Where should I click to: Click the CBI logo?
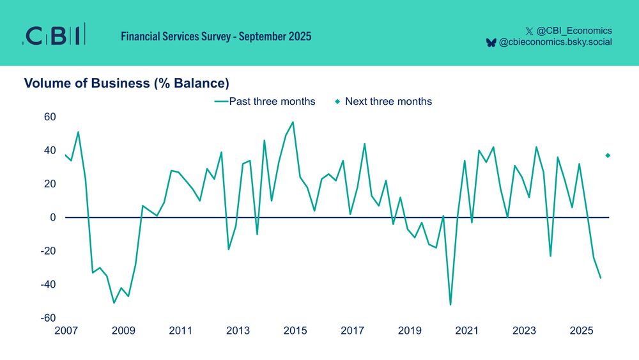54,36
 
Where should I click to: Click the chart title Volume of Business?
126,83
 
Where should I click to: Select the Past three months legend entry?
265,102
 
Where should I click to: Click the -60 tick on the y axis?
49,318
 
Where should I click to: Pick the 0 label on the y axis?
54,217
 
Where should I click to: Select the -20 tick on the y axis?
49,251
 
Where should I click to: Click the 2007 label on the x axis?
66,331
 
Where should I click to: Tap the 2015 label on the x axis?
295,331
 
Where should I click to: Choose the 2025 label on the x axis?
581,331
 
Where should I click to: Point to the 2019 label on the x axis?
410,331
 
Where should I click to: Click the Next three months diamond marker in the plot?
608,155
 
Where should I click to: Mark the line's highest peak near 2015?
293,122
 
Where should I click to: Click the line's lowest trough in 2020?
450,304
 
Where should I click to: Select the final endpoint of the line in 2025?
601,278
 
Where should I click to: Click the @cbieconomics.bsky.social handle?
555,42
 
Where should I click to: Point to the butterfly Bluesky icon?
491,42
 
